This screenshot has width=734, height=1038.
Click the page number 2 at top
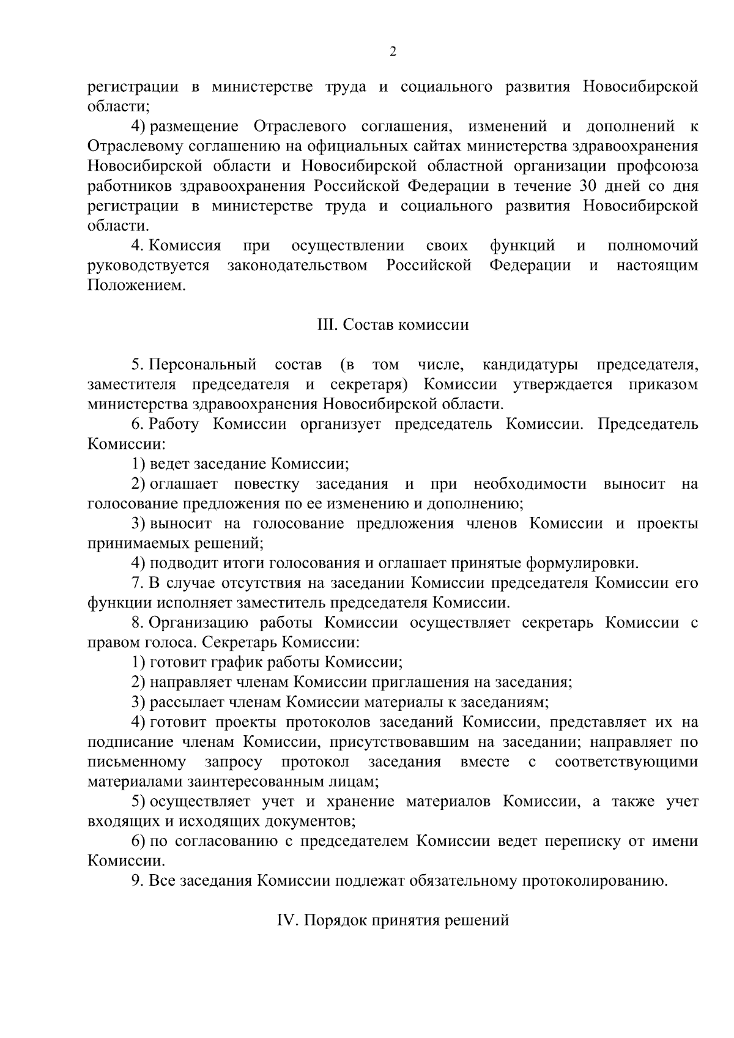tap(393, 51)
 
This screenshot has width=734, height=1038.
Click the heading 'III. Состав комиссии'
tap(393, 324)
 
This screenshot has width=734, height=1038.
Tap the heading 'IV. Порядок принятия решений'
tap(393, 920)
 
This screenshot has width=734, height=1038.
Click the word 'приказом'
tap(663, 385)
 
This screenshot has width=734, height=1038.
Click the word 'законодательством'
tap(297, 265)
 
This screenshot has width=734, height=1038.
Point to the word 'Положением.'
tap(136, 285)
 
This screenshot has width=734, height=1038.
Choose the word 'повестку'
tap(267, 484)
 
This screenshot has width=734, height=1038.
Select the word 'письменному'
tap(137, 762)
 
